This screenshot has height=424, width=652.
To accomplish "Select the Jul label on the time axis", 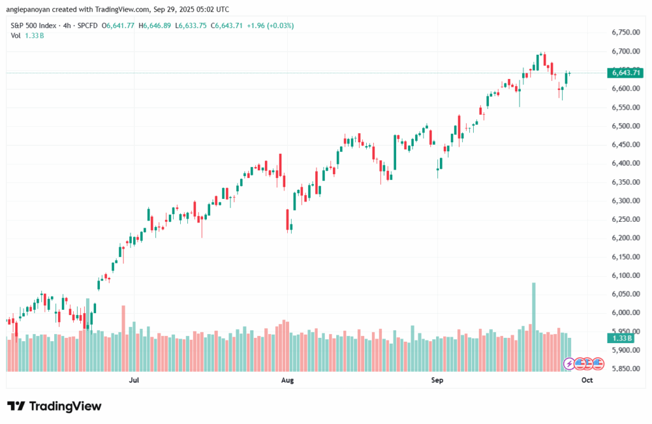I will click(x=134, y=381).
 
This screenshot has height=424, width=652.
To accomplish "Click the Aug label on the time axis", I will click(x=287, y=381).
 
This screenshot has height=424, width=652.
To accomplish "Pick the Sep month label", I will click(x=437, y=381).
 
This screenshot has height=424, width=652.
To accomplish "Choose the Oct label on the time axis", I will click(x=586, y=381).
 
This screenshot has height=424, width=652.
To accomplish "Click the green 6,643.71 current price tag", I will click(x=626, y=73).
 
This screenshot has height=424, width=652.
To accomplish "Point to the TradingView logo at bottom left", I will click(x=53, y=406).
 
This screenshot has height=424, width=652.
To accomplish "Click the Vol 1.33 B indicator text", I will click(x=24, y=35).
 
